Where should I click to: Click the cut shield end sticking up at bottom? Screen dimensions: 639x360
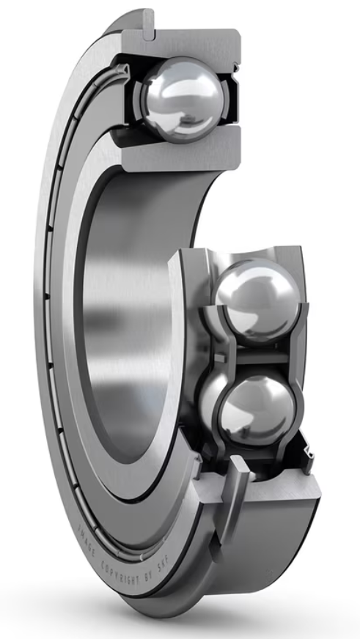coord(242,476)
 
